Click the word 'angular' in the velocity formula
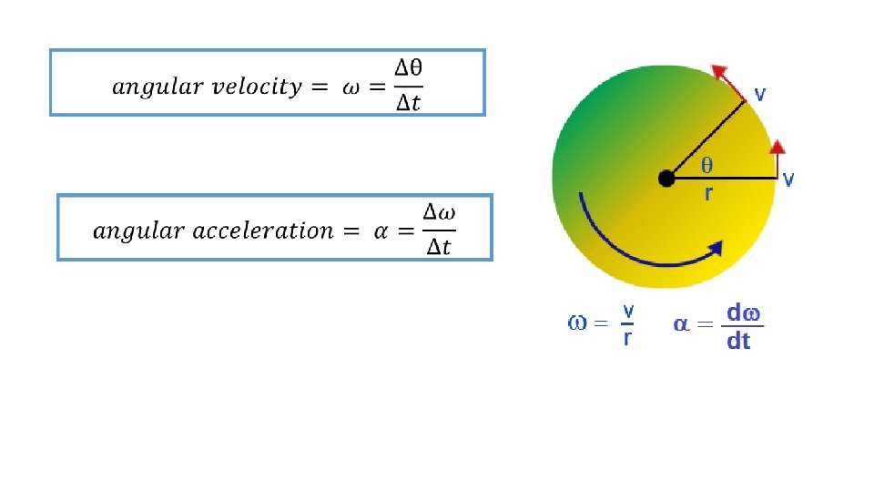(146, 88)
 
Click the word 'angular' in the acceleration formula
(127, 231)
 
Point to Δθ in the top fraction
(407, 67)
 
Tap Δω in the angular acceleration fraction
(440, 212)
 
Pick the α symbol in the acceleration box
(383, 231)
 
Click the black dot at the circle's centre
(666, 179)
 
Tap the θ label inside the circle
(706, 165)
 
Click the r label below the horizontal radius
(707, 194)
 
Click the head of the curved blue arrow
(716, 247)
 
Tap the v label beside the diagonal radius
(759, 94)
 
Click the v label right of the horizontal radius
(788, 179)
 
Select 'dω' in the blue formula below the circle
(741, 313)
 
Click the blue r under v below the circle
(627, 339)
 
